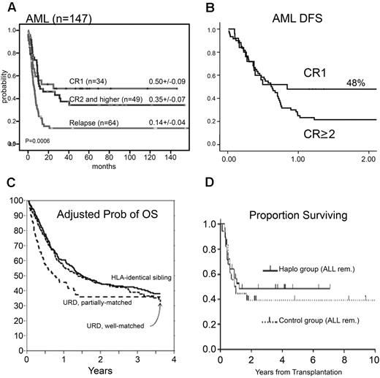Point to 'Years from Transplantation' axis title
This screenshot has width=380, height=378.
pos(300,370)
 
